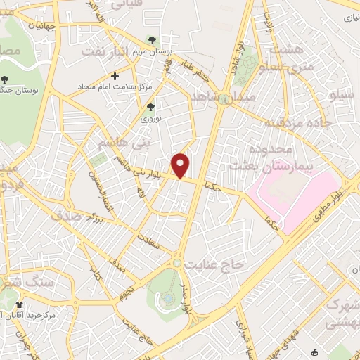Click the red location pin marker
(x=181, y=165)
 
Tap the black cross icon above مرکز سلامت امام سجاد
(x=115, y=76)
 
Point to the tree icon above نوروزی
(x=150, y=107)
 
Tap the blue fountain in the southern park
(x=168, y=299)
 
